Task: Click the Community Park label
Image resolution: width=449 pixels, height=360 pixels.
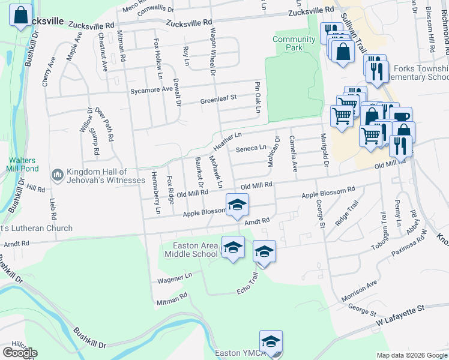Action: click(294, 43)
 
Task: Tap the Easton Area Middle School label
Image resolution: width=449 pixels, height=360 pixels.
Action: click(194, 250)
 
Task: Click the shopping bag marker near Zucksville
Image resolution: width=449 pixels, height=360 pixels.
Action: click(21, 14)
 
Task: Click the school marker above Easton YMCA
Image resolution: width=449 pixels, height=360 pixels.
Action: click(271, 340)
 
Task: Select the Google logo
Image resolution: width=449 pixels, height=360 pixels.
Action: click(19, 353)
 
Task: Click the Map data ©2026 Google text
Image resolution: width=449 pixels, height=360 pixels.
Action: click(412, 355)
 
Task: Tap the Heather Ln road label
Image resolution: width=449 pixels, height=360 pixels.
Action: click(227, 141)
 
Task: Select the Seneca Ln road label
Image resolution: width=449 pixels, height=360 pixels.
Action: click(251, 148)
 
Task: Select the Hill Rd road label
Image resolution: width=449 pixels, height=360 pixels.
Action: click(36, 188)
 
